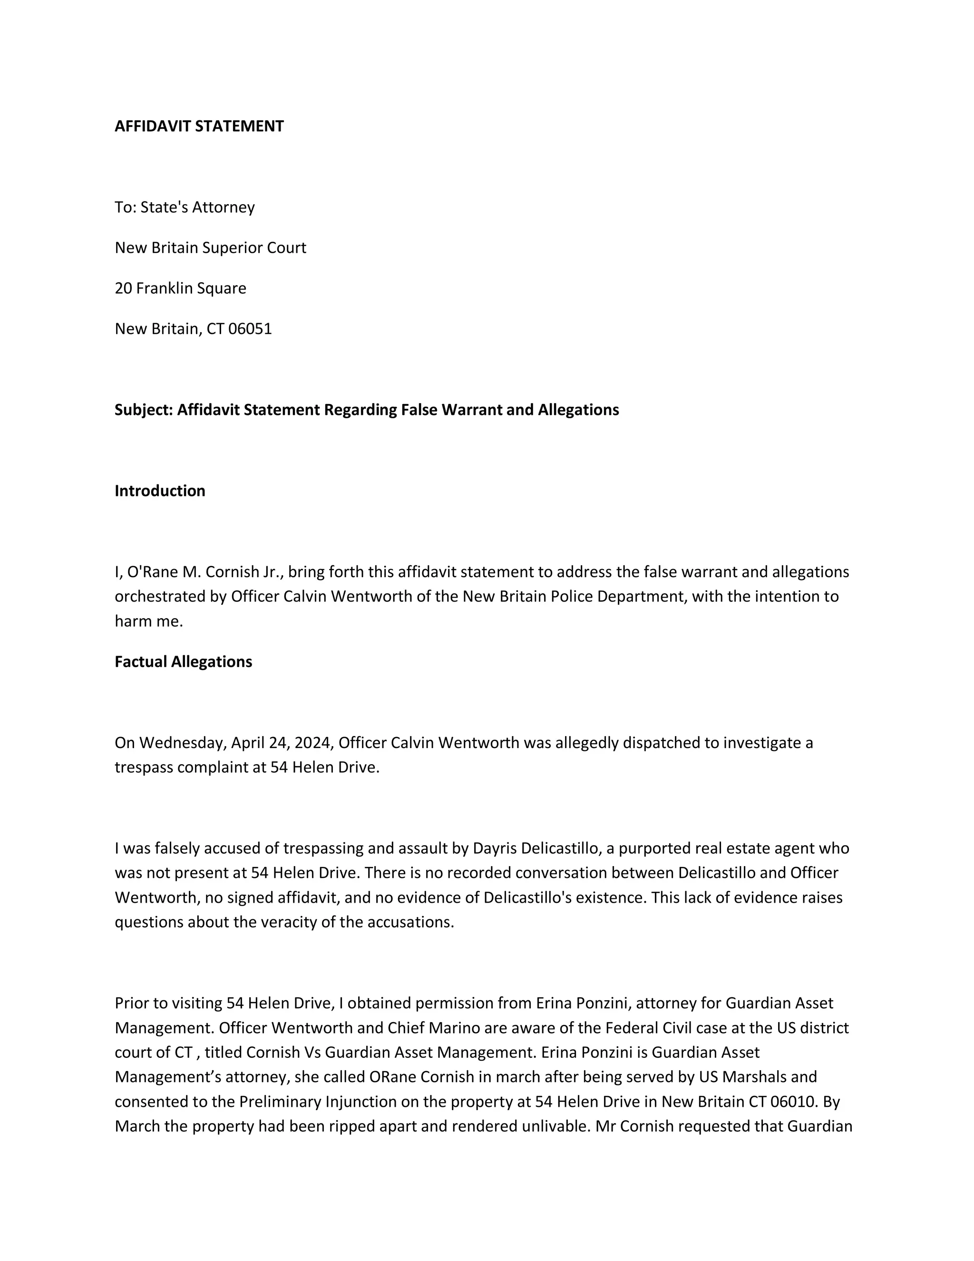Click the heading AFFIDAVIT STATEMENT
click(x=199, y=126)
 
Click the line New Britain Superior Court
click(x=210, y=248)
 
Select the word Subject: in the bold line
click(x=144, y=409)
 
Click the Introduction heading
click(x=160, y=491)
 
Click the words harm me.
click(x=149, y=621)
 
